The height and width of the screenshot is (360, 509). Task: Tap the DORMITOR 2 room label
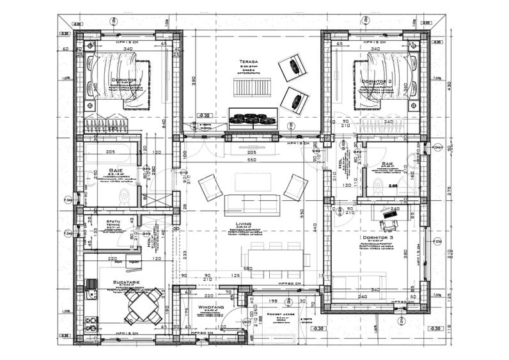pos(377,82)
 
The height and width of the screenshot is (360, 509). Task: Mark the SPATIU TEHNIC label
pos(115,225)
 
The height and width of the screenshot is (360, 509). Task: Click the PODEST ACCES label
pos(279,315)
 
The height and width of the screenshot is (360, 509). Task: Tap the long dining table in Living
pos(276,258)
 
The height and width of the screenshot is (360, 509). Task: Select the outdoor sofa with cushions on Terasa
pos(253,118)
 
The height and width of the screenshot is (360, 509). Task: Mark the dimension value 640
pos(164,121)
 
